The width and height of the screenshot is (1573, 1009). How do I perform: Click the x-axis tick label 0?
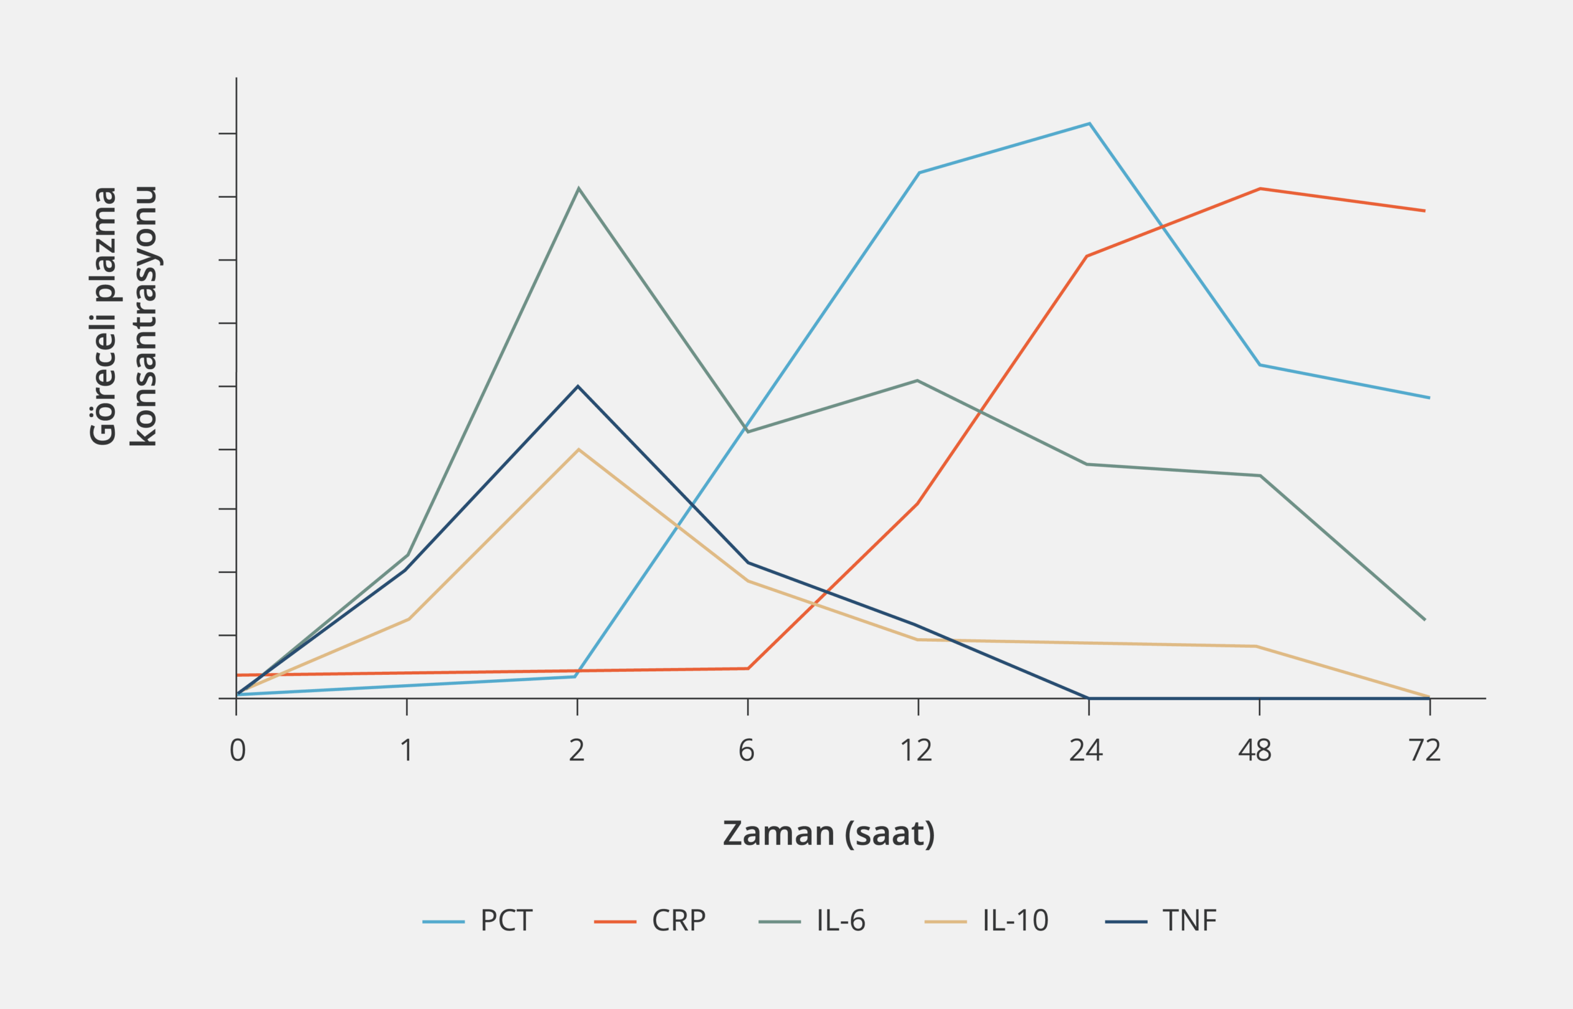(237, 751)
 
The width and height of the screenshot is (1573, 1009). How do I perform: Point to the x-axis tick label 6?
(747, 751)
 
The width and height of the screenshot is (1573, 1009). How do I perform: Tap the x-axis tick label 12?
(916, 751)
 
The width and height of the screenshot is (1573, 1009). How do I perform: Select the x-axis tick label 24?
(1086, 751)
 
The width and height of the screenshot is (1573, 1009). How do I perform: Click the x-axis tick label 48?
(1255, 751)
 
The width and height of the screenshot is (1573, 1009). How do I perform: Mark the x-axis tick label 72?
(1425, 751)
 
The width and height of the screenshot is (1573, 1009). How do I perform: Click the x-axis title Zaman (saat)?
(828, 834)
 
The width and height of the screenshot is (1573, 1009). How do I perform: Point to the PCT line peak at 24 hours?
(1089, 123)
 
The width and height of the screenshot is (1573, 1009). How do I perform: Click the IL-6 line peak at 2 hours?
(578, 189)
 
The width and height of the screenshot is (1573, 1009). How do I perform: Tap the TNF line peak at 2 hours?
(578, 386)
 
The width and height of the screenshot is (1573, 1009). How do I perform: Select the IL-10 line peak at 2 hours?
(578, 450)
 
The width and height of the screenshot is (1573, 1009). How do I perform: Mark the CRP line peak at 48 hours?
(1260, 189)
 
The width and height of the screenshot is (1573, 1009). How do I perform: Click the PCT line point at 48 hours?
(1260, 365)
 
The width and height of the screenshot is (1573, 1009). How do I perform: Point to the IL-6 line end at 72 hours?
(1425, 620)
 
